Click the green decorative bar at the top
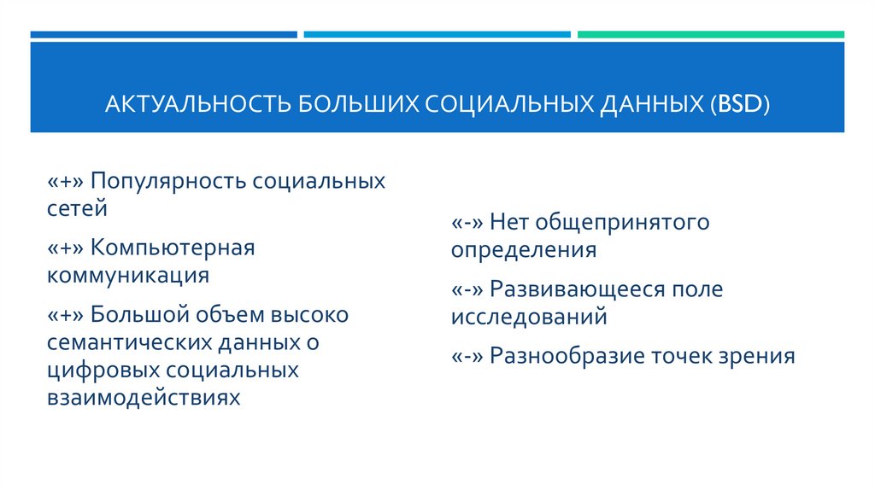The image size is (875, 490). click(710, 35)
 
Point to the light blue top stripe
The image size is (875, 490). click(437, 35)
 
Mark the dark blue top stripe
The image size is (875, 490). click(163, 35)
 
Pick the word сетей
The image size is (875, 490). click(78, 207)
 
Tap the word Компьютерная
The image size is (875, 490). click(173, 248)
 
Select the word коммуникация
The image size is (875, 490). click(128, 275)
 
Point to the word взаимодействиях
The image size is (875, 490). click(144, 397)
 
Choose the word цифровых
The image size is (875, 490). click(103, 370)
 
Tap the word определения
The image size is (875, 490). click(523, 250)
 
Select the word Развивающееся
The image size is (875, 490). click(577, 289)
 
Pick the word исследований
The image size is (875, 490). click(529, 317)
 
